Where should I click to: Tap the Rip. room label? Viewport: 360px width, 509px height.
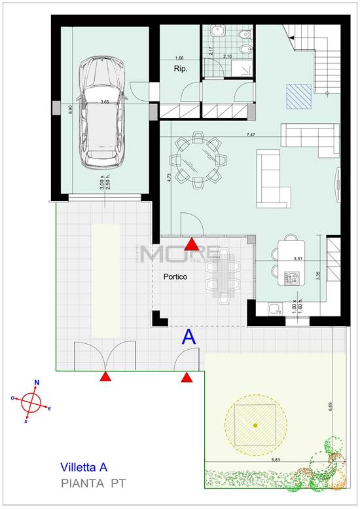[181, 68]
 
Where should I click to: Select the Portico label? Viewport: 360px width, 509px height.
[175, 277]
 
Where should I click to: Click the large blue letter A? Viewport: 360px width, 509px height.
[189, 338]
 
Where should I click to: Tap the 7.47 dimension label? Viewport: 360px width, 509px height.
[250, 134]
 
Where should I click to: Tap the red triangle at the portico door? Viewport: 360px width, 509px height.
[191, 245]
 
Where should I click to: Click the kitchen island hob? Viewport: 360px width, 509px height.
[291, 279]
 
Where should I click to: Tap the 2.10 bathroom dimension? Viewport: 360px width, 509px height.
[228, 57]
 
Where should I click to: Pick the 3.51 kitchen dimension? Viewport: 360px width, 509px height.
[298, 259]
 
